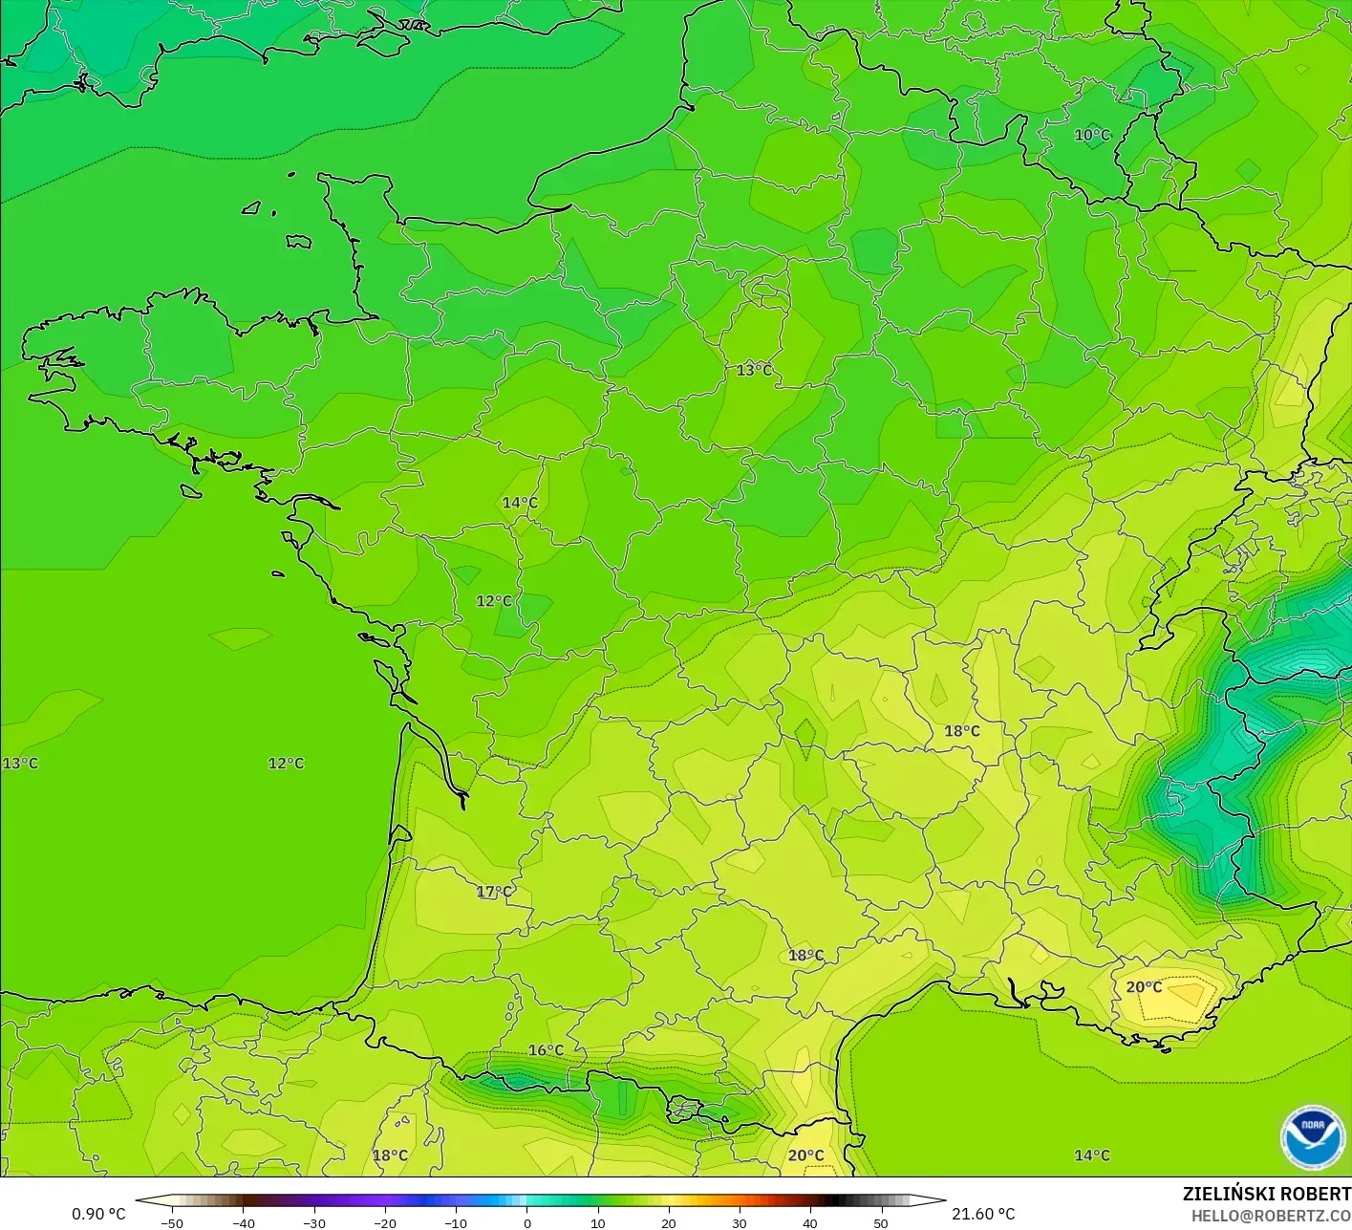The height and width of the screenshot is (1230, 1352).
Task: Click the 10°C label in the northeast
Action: pyautogui.click(x=1092, y=136)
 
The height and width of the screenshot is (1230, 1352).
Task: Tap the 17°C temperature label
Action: pyautogui.click(x=494, y=892)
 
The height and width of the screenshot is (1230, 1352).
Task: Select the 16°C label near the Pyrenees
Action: pyautogui.click(x=546, y=1050)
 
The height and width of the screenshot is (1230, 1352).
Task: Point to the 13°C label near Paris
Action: pyautogui.click(x=754, y=370)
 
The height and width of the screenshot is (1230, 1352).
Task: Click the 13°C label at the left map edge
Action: pyautogui.click(x=20, y=763)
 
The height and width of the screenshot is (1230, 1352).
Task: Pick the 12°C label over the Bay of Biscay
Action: pyautogui.click(x=286, y=763)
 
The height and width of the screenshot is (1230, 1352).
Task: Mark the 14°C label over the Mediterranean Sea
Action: pyautogui.click(x=1091, y=1155)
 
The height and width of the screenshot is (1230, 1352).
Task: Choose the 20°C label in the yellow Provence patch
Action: pyautogui.click(x=1144, y=987)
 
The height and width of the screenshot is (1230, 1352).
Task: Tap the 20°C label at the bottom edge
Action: pyautogui.click(x=805, y=1155)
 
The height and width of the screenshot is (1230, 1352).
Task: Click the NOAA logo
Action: pyautogui.click(x=1312, y=1137)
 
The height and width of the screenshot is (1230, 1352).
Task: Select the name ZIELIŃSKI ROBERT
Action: pyautogui.click(x=1266, y=1194)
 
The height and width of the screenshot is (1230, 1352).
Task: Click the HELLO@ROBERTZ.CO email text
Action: pyautogui.click(x=1271, y=1216)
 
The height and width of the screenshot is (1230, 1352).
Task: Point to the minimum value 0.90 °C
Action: pyautogui.click(x=98, y=1214)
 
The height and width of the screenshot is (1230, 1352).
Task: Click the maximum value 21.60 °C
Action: pyautogui.click(x=983, y=1214)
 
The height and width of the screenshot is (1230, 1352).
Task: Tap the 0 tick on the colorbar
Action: pyautogui.click(x=526, y=1223)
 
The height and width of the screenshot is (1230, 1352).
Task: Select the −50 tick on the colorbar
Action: pyautogui.click(x=172, y=1223)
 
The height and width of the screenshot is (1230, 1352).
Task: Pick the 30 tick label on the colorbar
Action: pyautogui.click(x=739, y=1223)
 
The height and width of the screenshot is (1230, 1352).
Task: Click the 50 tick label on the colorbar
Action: pyautogui.click(x=880, y=1223)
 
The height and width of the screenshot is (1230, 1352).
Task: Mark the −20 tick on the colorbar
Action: pyautogui.click(x=384, y=1223)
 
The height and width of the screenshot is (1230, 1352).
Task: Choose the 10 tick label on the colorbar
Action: pyautogui.click(x=597, y=1223)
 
